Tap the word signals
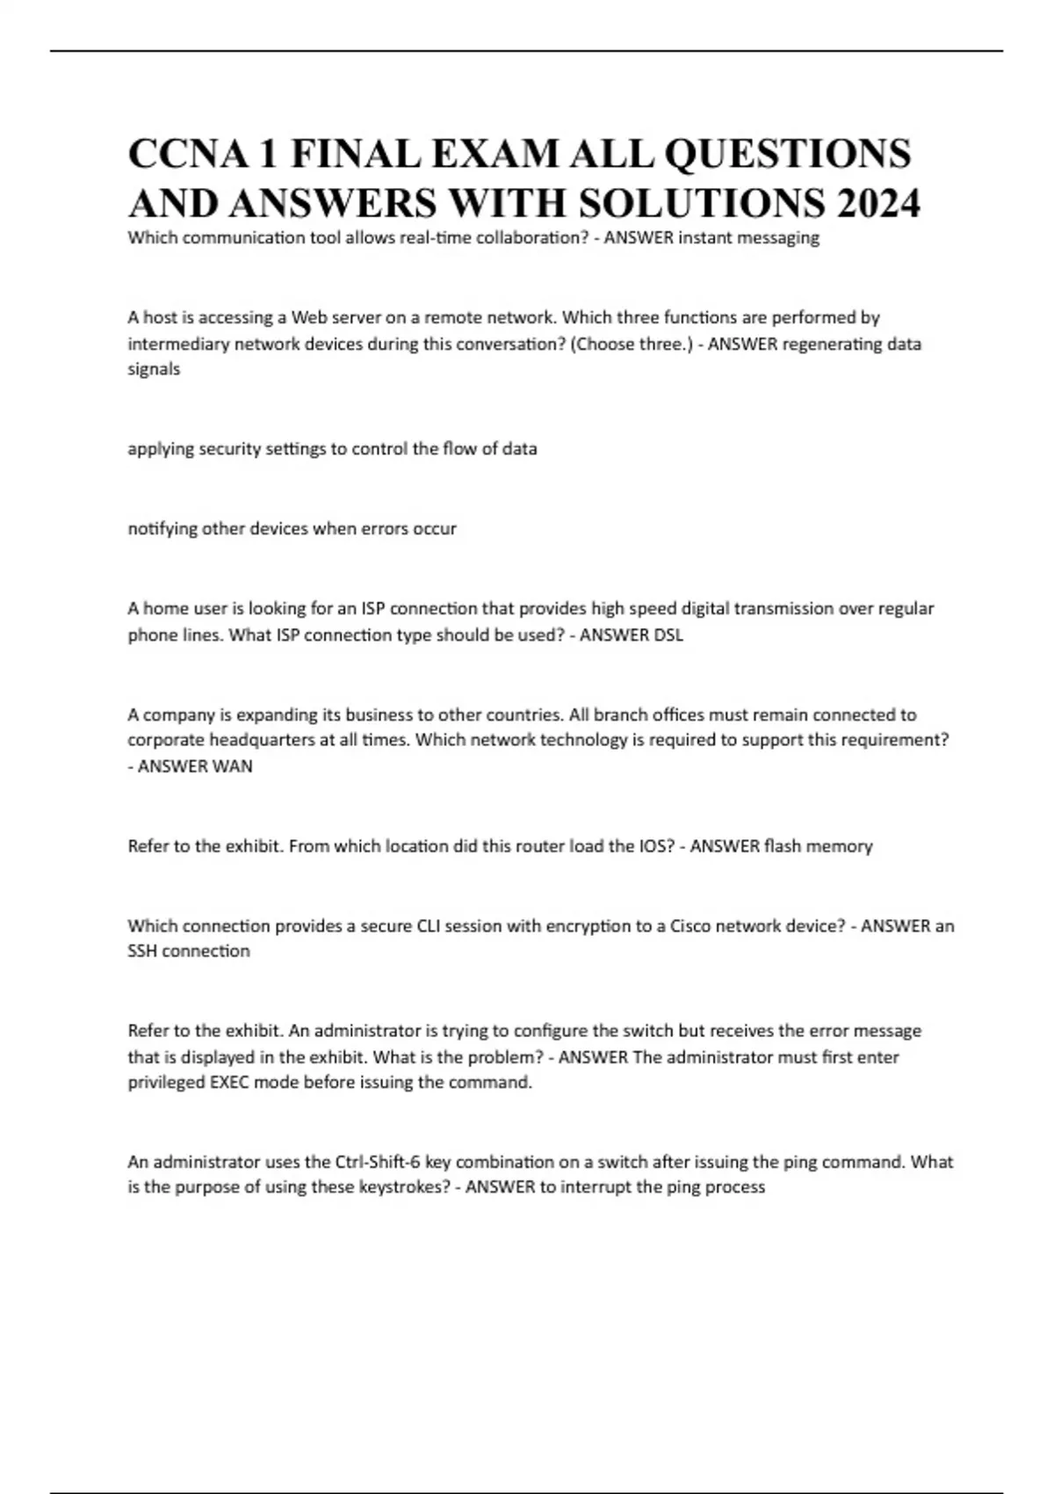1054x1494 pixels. pyautogui.click(x=154, y=369)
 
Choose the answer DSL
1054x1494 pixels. pyautogui.click(x=668, y=635)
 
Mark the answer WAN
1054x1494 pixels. pyautogui.click(x=233, y=766)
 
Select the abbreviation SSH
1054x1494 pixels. pyautogui.click(x=142, y=951)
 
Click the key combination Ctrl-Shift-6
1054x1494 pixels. pyautogui.click(x=378, y=1162)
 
